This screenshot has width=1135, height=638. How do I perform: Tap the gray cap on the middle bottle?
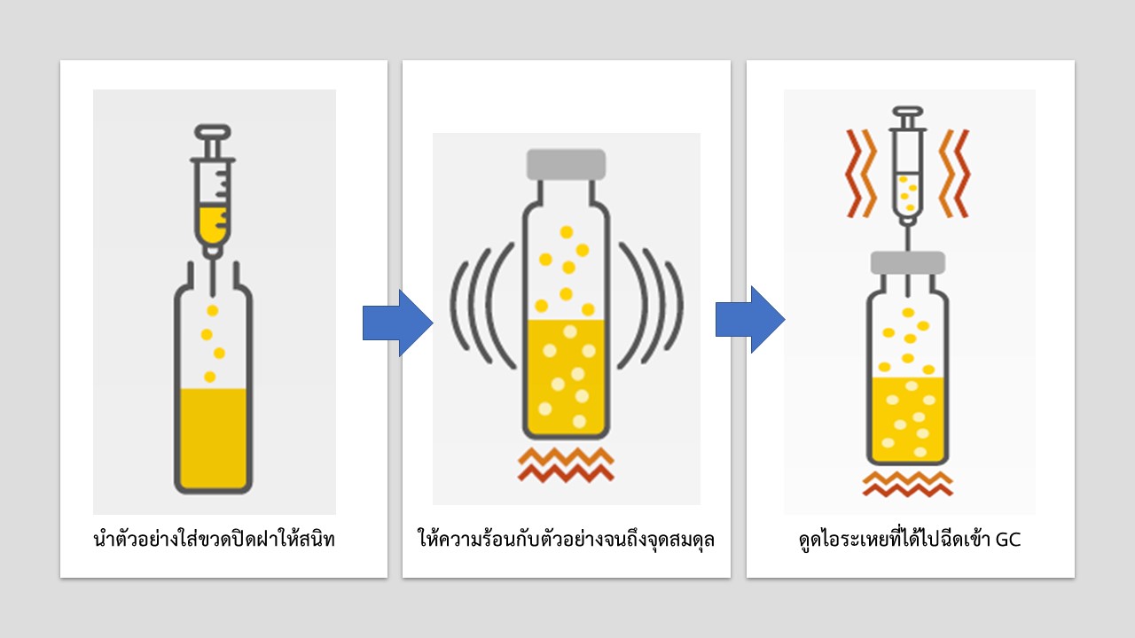pos(566,164)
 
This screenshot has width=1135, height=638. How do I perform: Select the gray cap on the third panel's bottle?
pos(907,261)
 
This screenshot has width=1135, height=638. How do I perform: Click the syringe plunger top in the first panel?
pos(213,131)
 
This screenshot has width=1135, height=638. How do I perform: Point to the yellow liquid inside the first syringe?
pos(213,224)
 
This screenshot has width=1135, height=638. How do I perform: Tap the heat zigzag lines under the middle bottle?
pos(566,464)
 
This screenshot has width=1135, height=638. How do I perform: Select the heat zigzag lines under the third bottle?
pos(907,484)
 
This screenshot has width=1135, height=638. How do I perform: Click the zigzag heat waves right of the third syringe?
pos(954,173)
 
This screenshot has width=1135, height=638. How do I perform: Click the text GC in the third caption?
pos(1008,539)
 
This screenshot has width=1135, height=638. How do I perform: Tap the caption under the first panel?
pos(214,539)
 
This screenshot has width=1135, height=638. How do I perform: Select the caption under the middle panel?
pos(566,539)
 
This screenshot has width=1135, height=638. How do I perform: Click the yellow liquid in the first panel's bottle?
pos(213,439)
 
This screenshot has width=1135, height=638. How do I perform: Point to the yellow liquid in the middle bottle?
pos(566,377)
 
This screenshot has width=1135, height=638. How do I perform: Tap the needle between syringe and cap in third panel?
pos(907,237)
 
